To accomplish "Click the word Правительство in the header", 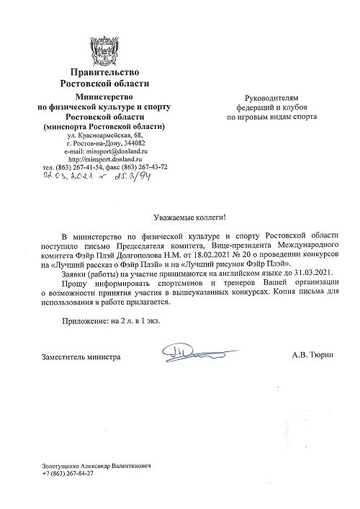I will click(104, 72).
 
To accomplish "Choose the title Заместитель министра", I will click(80, 356).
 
